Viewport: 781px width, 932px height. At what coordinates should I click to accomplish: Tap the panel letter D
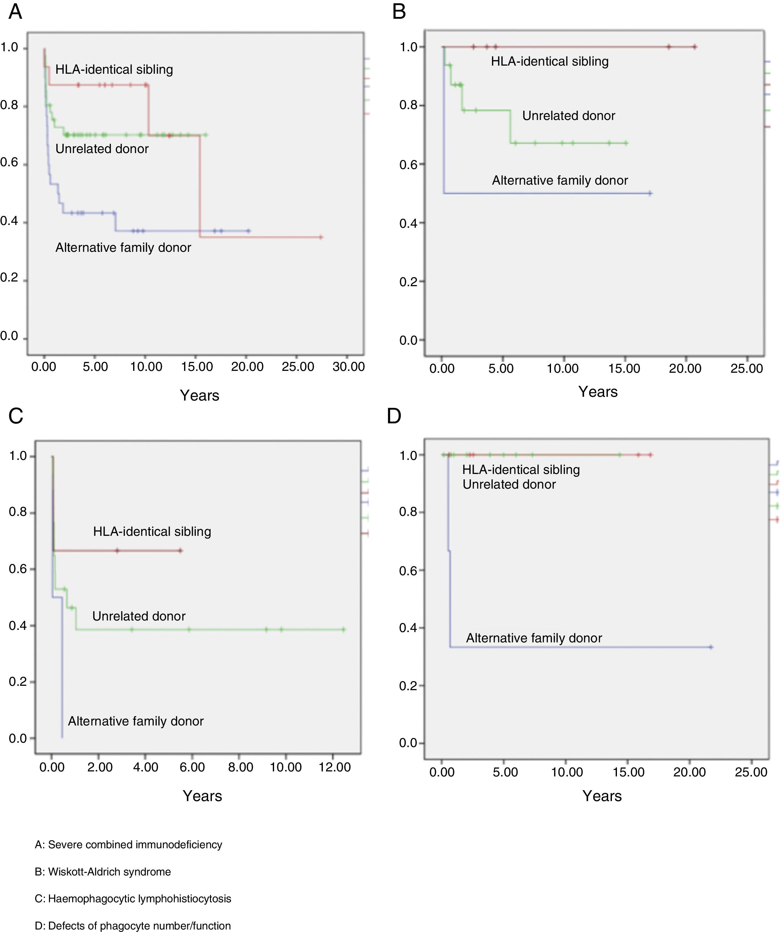(394, 416)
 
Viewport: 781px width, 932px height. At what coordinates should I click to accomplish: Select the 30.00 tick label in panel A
(348, 366)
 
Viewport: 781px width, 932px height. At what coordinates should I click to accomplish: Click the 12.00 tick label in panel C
(334, 767)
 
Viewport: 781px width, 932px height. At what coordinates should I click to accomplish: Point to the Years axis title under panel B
(598, 391)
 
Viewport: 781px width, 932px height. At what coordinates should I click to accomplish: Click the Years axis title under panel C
(202, 796)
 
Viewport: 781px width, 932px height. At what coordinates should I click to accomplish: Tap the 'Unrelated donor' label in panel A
(102, 149)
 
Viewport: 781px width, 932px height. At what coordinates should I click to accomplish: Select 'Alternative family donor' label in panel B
(559, 180)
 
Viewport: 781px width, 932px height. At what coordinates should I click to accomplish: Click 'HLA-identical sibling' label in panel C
(152, 531)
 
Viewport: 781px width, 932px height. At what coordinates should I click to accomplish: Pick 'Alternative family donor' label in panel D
(534, 638)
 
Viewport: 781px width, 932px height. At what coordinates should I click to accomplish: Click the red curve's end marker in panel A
(321, 237)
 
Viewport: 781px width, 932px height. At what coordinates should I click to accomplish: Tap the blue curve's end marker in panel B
(650, 193)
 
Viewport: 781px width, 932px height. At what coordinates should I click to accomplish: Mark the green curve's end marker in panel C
(343, 629)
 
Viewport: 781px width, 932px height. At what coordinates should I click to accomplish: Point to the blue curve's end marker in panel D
(711, 647)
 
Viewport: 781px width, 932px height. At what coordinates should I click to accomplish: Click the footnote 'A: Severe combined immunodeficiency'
(128, 845)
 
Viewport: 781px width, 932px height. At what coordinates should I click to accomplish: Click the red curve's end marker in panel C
(180, 551)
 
